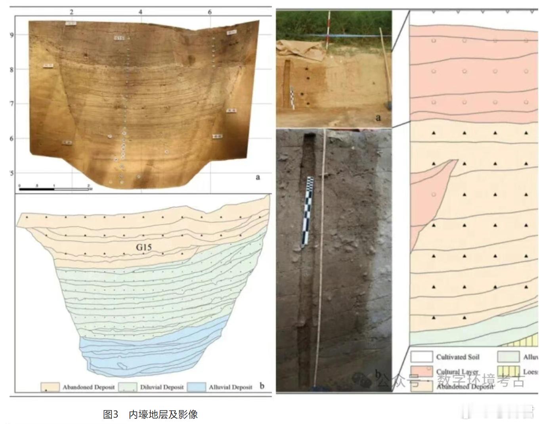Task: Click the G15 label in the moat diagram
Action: pyautogui.click(x=144, y=247)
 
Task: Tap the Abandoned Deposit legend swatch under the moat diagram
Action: pyautogui.click(x=50, y=387)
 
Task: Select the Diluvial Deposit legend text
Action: pyautogui.click(x=162, y=387)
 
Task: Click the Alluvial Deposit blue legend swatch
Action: pyautogui.click(x=197, y=387)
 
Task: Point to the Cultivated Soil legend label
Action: pyautogui.click(x=457, y=357)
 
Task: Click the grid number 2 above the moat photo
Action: pyautogui.click(x=72, y=12)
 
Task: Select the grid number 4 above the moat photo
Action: pyautogui.click(x=140, y=12)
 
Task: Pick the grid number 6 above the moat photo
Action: pyautogui.click(x=210, y=12)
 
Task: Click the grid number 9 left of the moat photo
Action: pyautogui.click(x=12, y=35)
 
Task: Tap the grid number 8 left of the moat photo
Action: pyautogui.click(x=12, y=70)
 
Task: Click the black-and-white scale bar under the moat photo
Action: pyautogui.click(x=54, y=189)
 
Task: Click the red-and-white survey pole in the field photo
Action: pyautogui.click(x=328, y=30)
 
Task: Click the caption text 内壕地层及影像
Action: pyautogui.click(x=163, y=414)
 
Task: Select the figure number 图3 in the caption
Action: pyautogui.click(x=111, y=414)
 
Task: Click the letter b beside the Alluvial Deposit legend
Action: pyautogui.click(x=262, y=385)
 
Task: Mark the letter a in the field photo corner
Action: pyautogui.click(x=378, y=117)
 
